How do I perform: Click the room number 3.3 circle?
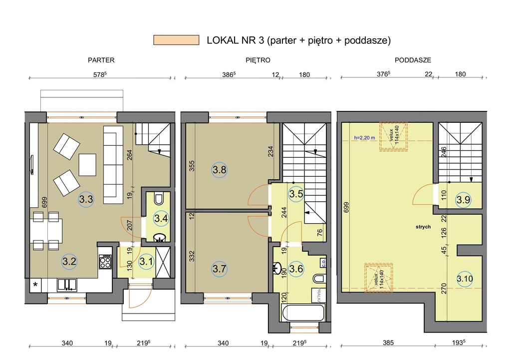click(86, 199)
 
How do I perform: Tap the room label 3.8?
click(220, 170)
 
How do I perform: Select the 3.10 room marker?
click(465, 279)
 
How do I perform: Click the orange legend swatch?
click(176, 40)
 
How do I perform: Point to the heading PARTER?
click(101, 60)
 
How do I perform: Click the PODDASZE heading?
click(413, 60)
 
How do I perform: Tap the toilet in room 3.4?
click(159, 199)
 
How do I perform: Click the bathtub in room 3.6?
click(303, 313)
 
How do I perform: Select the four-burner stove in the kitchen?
click(105, 262)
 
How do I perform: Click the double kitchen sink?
click(67, 285)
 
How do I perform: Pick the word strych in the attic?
click(423, 227)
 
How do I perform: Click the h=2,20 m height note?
click(364, 138)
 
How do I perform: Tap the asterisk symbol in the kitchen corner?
click(35, 285)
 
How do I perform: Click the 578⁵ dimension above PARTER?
click(100, 74)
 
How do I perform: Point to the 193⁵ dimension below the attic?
click(459, 343)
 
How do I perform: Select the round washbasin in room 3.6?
click(276, 268)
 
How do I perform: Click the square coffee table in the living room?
click(87, 165)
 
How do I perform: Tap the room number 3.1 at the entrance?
click(146, 262)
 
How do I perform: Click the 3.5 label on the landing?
click(296, 194)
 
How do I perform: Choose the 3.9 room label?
click(463, 199)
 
